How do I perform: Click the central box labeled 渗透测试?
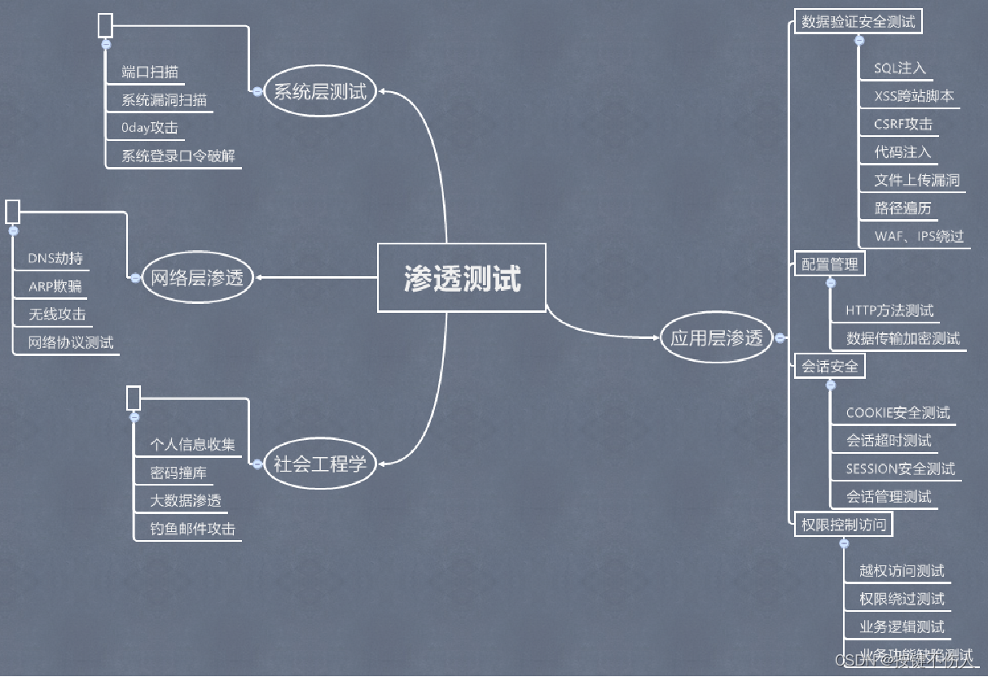point(462,279)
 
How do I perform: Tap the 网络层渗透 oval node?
point(196,278)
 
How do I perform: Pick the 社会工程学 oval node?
point(319,464)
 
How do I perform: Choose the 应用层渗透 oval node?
point(716,337)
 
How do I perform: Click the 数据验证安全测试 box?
point(858,22)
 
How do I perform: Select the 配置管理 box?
point(829,264)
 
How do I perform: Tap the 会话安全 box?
point(829,367)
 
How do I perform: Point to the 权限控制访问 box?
point(843,525)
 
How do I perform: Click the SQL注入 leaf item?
point(899,68)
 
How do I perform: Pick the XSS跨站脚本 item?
point(914,96)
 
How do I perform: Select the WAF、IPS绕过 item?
point(919,236)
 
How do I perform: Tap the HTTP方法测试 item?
point(889,310)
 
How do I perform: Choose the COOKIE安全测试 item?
point(898,413)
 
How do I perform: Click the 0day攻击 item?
point(149,127)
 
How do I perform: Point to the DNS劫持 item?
point(55,258)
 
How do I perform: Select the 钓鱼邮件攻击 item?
point(192,529)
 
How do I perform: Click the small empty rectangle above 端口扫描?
point(105,25)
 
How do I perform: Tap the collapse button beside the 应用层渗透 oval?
point(779,337)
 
